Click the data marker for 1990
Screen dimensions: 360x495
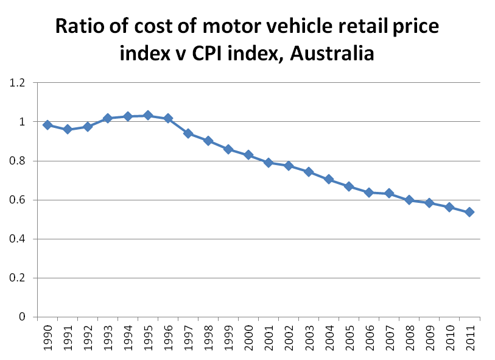[x=47, y=125]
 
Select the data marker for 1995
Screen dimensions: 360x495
[x=147, y=115]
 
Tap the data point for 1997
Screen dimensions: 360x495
[x=188, y=133]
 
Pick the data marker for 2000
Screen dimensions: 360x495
[x=248, y=155]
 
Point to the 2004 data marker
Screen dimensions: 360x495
[x=329, y=179]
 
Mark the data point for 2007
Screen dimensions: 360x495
[x=389, y=193]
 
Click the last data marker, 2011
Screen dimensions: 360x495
[x=469, y=212]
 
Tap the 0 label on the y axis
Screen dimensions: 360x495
[x=25, y=317]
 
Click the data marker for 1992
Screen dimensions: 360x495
[x=87, y=127]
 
